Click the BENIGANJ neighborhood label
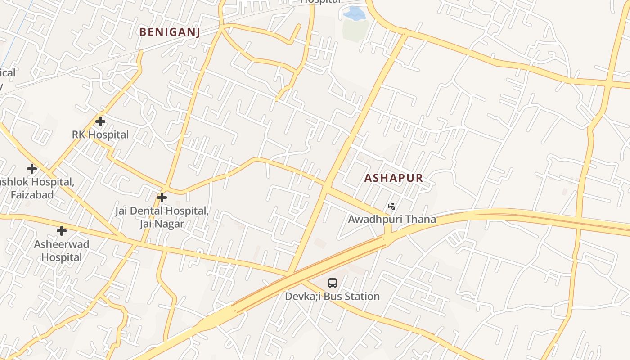pos(169,32)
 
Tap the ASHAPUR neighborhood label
pos(393,178)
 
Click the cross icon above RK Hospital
pos(100,121)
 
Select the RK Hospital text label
pos(100,135)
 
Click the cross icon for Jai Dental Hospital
pos(162,198)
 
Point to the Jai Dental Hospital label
pos(162,211)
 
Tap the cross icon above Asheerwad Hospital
pos(62,231)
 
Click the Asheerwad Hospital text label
pos(62,251)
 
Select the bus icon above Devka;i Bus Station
pos(333,283)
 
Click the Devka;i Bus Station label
pos(333,297)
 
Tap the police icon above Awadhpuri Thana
pos(392,206)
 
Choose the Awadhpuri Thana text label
pos(392,219)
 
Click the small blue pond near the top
pos(355,13)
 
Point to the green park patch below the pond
pos(355,31)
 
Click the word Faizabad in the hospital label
pos(32,195)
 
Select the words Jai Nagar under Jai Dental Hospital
pos(162,224)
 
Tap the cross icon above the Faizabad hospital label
pos(32,169)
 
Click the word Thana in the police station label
pos(421,219)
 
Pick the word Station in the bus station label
pos(362,297)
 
